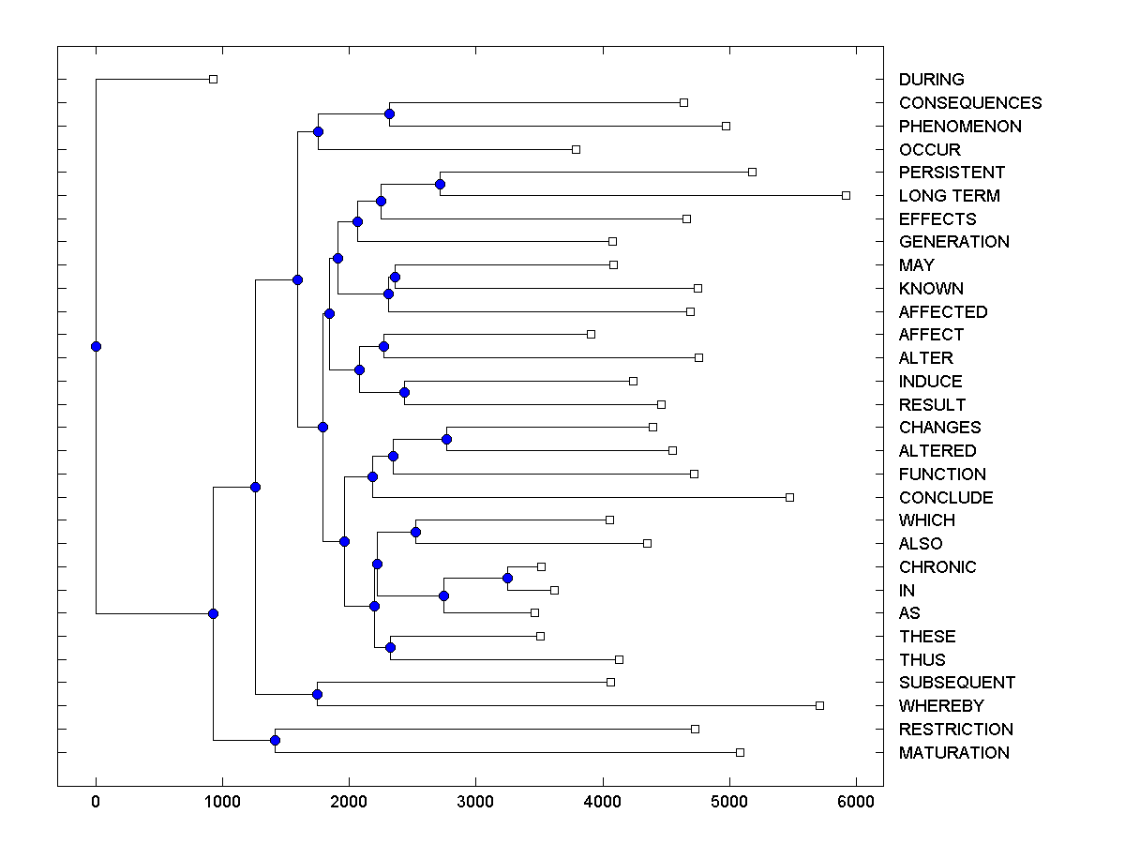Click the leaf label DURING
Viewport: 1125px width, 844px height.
pos(931,80)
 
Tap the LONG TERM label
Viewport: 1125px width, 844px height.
pos(949,196)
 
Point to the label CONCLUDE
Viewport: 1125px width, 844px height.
pos(945,498)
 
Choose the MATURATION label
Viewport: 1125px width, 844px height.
pos(953,753)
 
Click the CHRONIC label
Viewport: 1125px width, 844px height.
pos(937,567)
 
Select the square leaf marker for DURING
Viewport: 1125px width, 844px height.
pos(213,79)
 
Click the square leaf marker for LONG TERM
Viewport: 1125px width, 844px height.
pos(846,195)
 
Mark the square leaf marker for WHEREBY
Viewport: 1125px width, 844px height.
pos(819,705)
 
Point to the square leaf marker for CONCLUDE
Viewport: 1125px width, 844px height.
pos(789,497)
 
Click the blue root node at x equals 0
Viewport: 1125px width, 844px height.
pos(96,346)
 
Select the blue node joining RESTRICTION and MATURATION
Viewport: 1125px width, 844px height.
pos(275,741)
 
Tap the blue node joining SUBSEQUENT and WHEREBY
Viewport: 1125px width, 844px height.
pos(317,694)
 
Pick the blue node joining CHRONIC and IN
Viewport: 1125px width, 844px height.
pos(507,578)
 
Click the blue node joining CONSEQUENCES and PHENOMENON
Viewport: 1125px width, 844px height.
pos(389,113)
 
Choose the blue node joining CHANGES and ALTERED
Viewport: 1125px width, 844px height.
pos(446,439)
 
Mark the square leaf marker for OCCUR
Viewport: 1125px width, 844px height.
pos(576,149)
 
